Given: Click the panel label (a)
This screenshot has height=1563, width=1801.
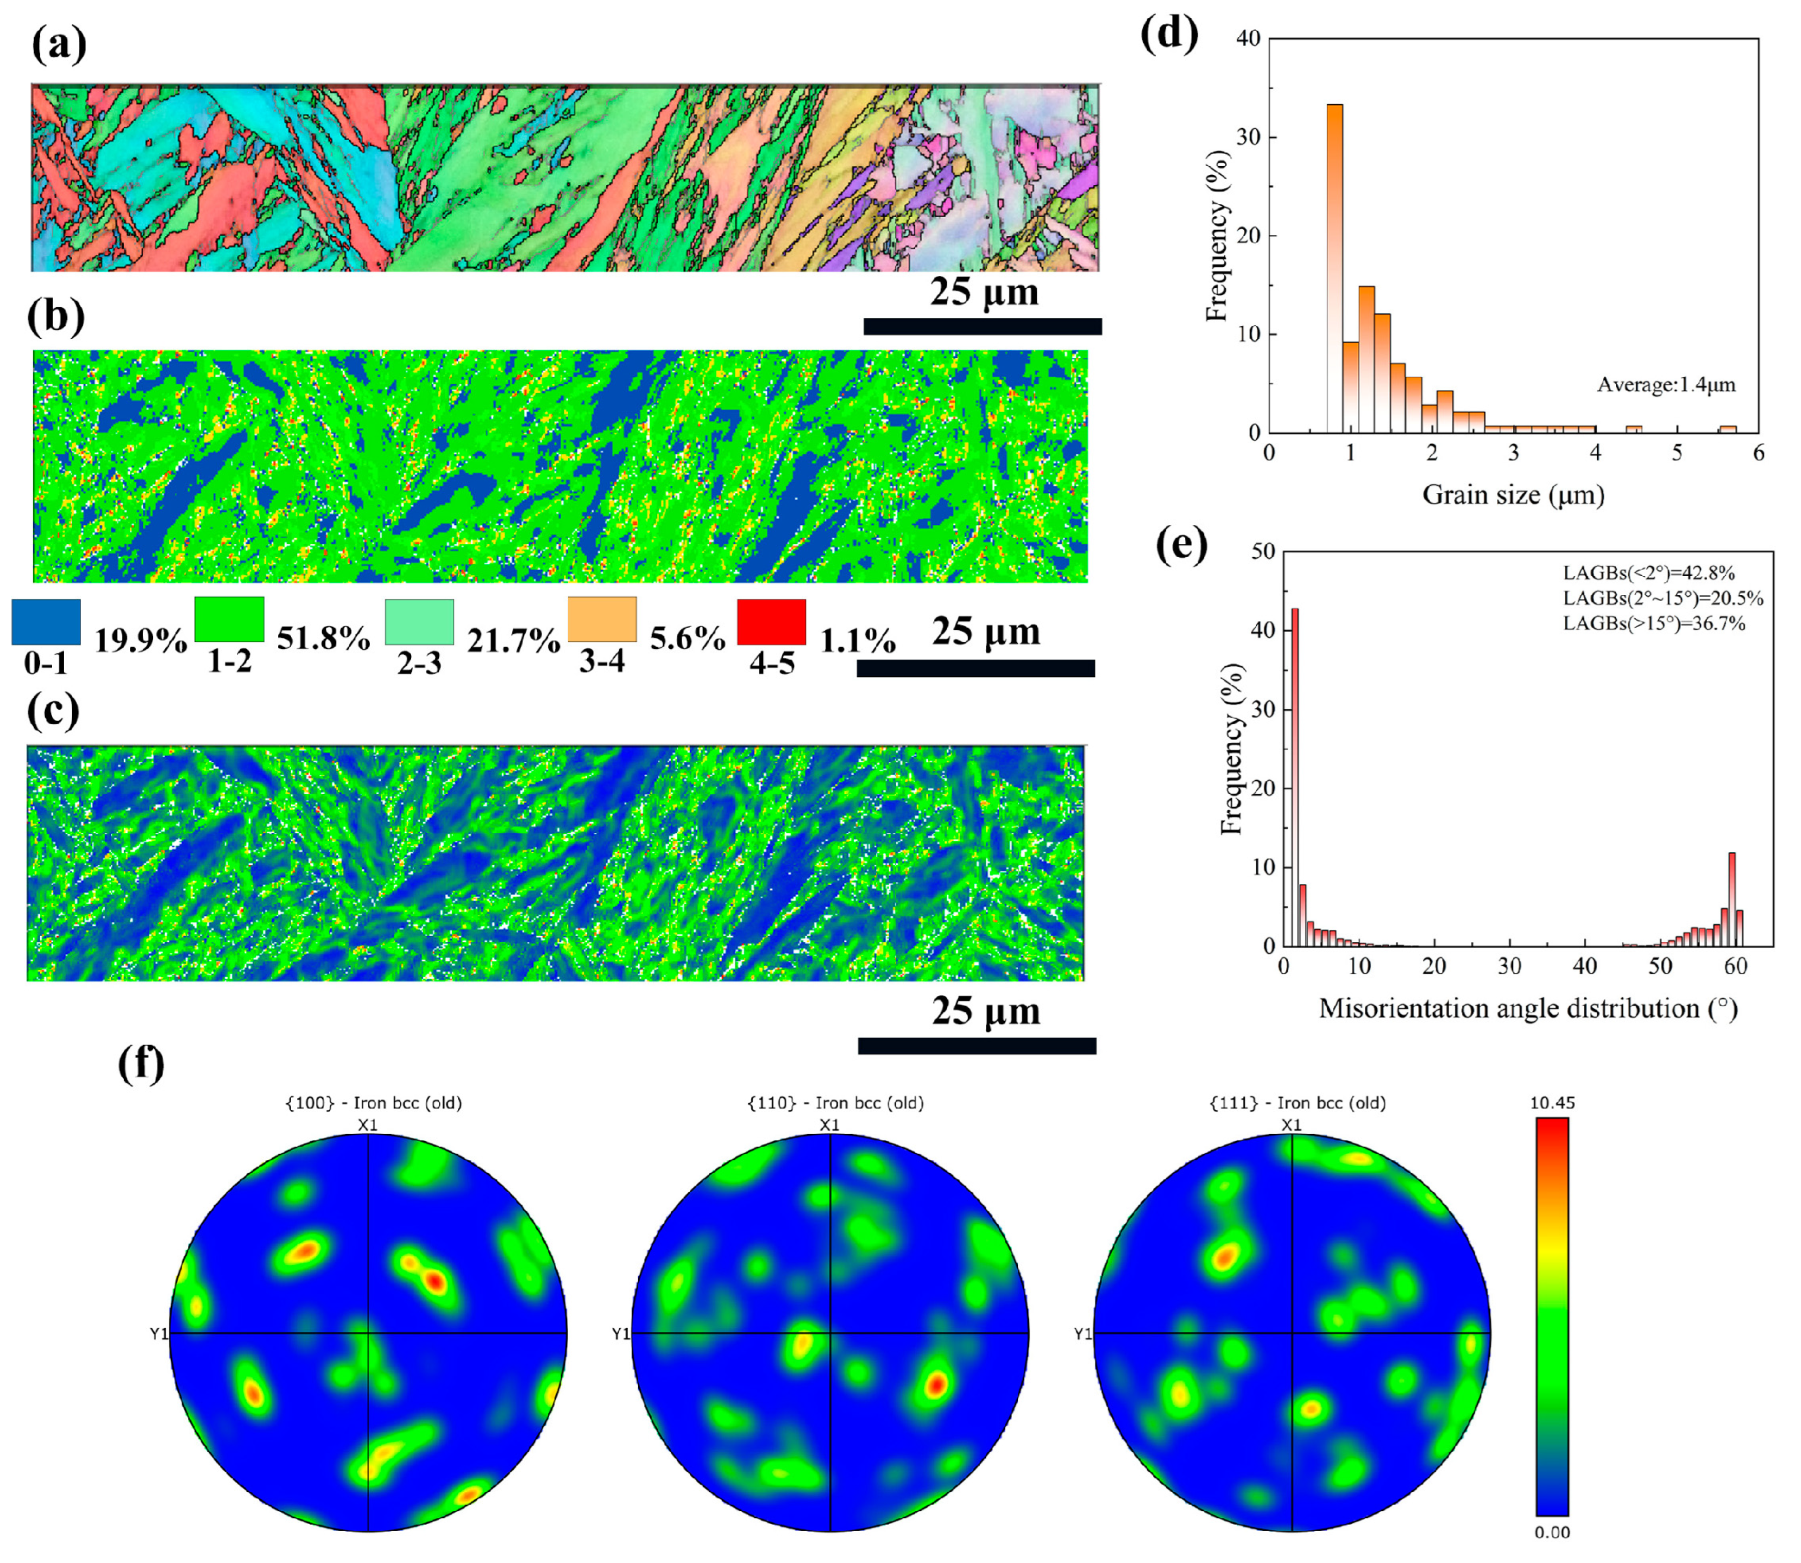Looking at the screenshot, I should click(59, 46).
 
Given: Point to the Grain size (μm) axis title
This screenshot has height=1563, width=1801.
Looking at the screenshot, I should click(1513, 496).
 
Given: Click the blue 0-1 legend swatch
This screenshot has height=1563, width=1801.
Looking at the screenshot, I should click(46, 622).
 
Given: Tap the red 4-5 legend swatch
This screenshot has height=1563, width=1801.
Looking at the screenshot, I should click(771, 622).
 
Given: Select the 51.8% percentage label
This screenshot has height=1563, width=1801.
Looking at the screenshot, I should click(324, 640).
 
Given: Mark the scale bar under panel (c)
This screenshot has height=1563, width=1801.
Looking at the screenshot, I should click(977, 1046).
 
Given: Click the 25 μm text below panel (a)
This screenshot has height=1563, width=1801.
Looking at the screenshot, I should click(984, 292).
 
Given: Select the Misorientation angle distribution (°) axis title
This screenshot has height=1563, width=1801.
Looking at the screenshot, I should click(1528, 1009).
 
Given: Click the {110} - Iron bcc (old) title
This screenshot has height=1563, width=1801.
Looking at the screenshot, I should click(835, 1103).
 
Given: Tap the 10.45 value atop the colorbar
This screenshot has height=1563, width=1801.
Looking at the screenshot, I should click(1552, 1103).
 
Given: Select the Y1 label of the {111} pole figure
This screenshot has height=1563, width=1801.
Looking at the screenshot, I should click(1082, 1334).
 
